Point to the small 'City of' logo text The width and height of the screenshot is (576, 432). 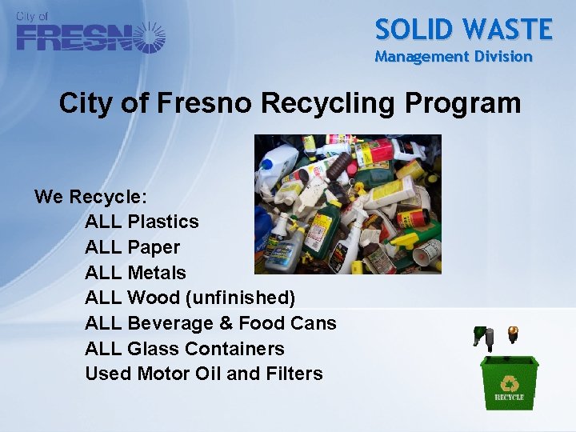(x=32, y=17)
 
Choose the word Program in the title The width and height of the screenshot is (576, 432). (x=463, y=103)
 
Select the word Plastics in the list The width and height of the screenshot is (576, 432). (x=163, y=222)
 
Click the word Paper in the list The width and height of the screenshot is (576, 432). (x=154, y=247)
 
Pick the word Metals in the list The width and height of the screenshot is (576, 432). (x=157, y=273)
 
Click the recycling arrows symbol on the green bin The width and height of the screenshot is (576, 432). (x=509, y=382)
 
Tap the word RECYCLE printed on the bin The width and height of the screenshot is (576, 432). (x=509, y=397)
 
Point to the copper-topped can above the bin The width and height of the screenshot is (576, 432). (x=513, y=332)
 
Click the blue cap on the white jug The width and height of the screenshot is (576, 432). (x=267, y=163)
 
